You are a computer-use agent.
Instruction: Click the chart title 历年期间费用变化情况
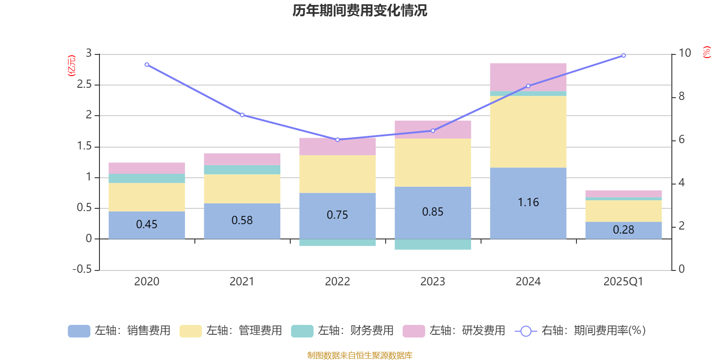[360, 10]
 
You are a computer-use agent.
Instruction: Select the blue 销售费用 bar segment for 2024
[528, 184]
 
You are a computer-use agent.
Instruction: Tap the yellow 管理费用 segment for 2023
[432, 162]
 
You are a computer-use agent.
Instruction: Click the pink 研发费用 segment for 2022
[337, 147]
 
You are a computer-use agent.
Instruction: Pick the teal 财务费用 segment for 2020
[147, 178]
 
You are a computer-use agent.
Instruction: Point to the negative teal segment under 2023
[432, 244]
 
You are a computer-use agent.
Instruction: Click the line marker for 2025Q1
[623, 56]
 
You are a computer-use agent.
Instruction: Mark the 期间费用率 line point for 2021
[242, 115]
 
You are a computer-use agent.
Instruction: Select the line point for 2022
[337, 139]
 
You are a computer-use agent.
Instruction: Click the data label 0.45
[147, 224]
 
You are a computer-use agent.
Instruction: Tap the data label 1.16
[528, 202]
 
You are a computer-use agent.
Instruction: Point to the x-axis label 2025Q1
[623, 282]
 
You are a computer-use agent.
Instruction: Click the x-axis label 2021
[242, 282]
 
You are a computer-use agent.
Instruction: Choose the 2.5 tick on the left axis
[84, 85]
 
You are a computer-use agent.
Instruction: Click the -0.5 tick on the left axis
[82, 269]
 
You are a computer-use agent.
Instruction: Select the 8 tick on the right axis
[681, 96]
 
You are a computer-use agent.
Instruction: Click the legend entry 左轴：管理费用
[231, 331]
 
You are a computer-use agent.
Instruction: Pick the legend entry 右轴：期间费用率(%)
[580, 331]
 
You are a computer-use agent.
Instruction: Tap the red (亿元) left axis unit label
[71, 66]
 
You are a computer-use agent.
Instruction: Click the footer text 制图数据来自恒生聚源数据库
[360, 355]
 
